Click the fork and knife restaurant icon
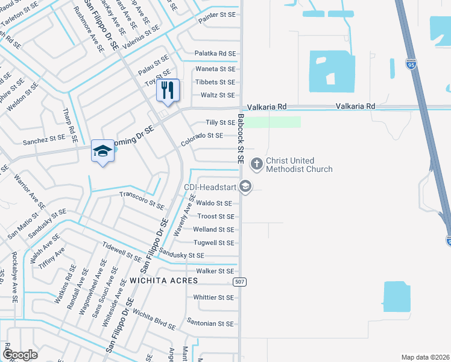tap(168, 90)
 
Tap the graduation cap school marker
tap(102, 151)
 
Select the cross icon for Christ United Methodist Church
tap(256, 163)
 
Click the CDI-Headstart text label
tap(209, 187)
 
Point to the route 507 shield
tap(239, 282)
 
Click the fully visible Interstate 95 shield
tap(411, 63)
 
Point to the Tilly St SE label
tap(220, 122)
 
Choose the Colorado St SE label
tap(202, 140)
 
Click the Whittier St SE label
tap(213, 297)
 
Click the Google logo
tap(20, 355)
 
